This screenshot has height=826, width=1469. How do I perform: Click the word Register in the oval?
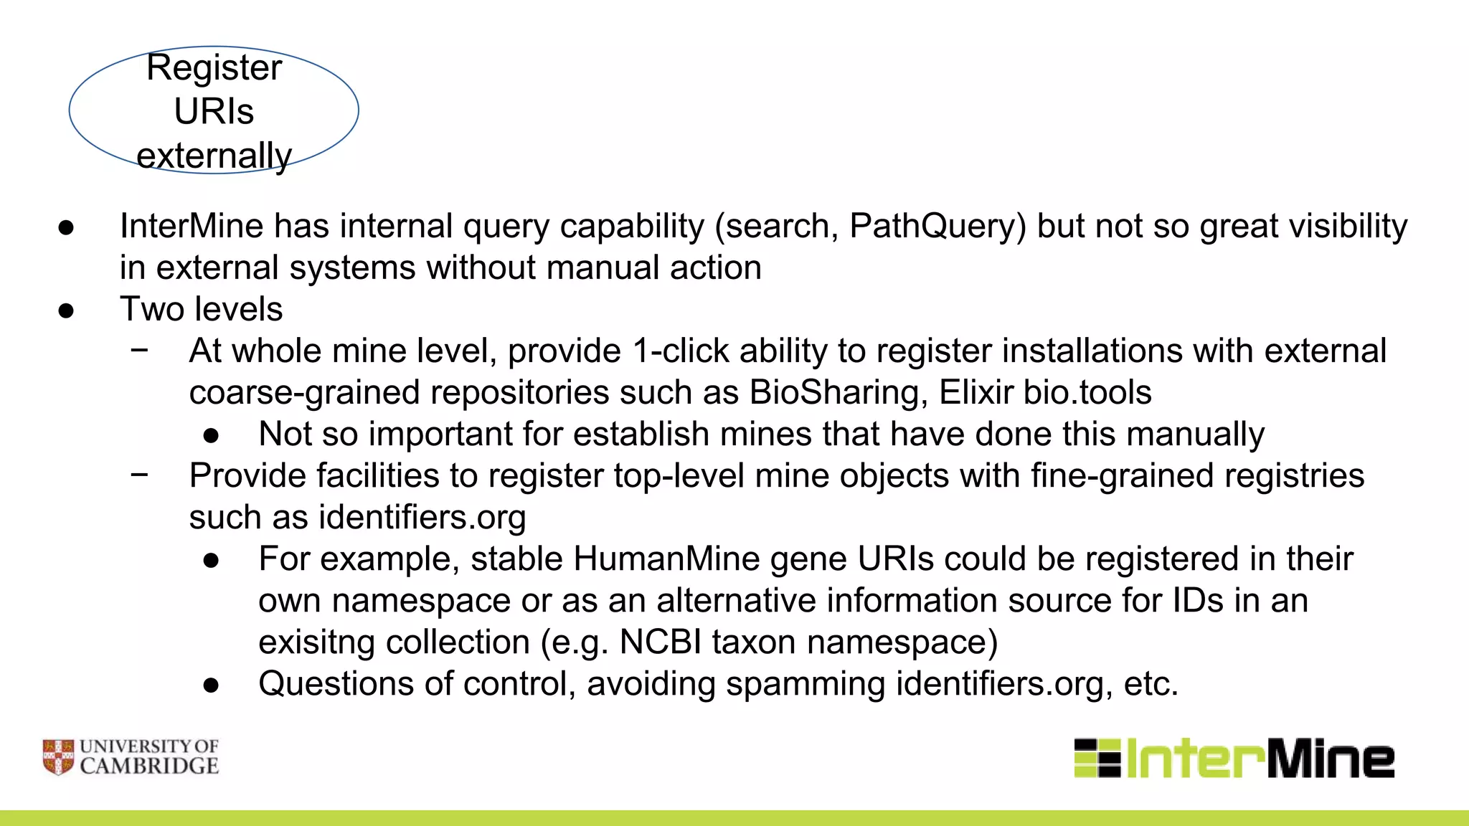point(214,69)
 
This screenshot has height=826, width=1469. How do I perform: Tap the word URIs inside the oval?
point(214,112)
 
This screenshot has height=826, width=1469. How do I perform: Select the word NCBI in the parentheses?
point(660,642)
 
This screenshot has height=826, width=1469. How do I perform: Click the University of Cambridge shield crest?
point(58,757)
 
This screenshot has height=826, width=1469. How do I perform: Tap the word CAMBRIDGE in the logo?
point(149,766)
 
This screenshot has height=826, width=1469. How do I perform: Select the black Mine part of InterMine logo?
point(1331,759)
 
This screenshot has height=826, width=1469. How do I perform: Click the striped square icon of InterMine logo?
point(1097,758)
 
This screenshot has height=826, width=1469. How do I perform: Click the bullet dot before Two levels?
point(67,310)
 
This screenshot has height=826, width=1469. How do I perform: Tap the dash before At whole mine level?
point(140,350)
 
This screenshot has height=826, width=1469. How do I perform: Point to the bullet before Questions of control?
point(211,685)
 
